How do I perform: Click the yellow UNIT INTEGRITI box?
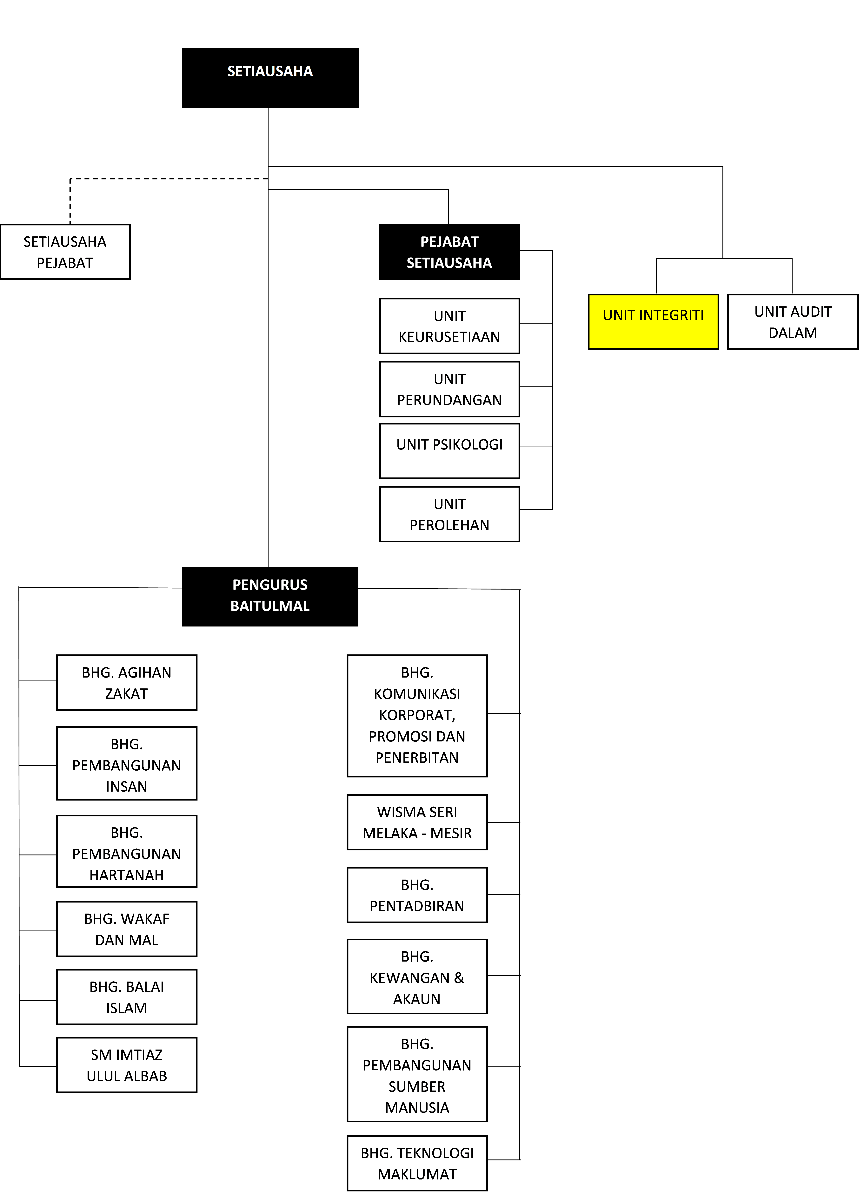[x=653, y=322]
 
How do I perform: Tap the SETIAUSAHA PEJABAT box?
[x=65, y=252]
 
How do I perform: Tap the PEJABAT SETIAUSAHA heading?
[x=449, y=252]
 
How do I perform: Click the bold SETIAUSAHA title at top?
[x=270, y=71]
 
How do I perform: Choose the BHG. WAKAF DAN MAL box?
[x=127, y=929]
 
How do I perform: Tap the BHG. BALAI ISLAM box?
[x=127, y=997]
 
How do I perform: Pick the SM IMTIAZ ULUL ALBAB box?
[x=127, y=1065]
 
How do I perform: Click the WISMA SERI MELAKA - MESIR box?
[x=417, y=822]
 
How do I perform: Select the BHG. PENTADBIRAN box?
[x=417, y=895]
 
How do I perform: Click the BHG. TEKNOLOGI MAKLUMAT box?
[x=417, y=1163]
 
